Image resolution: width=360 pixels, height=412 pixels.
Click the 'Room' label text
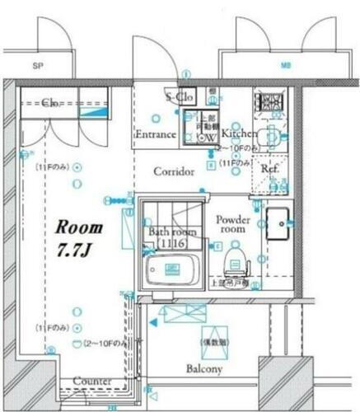click(x=79, y=227)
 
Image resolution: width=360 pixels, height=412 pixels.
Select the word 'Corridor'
click(x=174, y=171)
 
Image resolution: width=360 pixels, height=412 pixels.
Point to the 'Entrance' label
click(x=155, y=134)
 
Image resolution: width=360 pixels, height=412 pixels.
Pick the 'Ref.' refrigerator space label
click(x=269, y=168)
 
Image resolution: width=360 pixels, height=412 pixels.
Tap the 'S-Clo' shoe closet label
click(x=179, y=97)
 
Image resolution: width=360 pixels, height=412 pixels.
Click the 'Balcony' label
click(x=203, y=369)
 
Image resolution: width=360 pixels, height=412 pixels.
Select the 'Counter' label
click(x=91, y=380)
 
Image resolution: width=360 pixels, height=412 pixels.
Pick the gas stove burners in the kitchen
click(x=268, y=103)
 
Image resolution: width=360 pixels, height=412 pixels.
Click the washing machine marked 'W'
click(x=210, y=137)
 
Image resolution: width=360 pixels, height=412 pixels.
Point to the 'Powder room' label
click(x=233, y=226)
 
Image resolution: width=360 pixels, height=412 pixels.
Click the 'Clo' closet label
click(x=49, y=104)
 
